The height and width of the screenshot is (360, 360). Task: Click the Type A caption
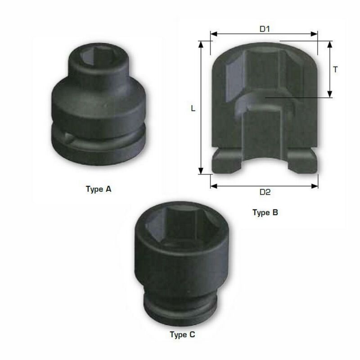coord(99,189)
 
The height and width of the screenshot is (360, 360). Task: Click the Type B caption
coord(265,212)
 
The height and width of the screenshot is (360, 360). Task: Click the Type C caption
coord(183,334)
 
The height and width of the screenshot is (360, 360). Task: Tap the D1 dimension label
coord(265,29)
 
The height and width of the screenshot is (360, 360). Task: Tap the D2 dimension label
coord(265,192)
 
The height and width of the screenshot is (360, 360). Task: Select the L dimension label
coord(193,108)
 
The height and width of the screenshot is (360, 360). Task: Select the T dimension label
coord(335,69)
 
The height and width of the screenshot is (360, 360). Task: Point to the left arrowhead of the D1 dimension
coord(213,34)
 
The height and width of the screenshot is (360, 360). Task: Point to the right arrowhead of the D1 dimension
coord(314,34)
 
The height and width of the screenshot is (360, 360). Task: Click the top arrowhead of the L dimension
coord(201,45)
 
